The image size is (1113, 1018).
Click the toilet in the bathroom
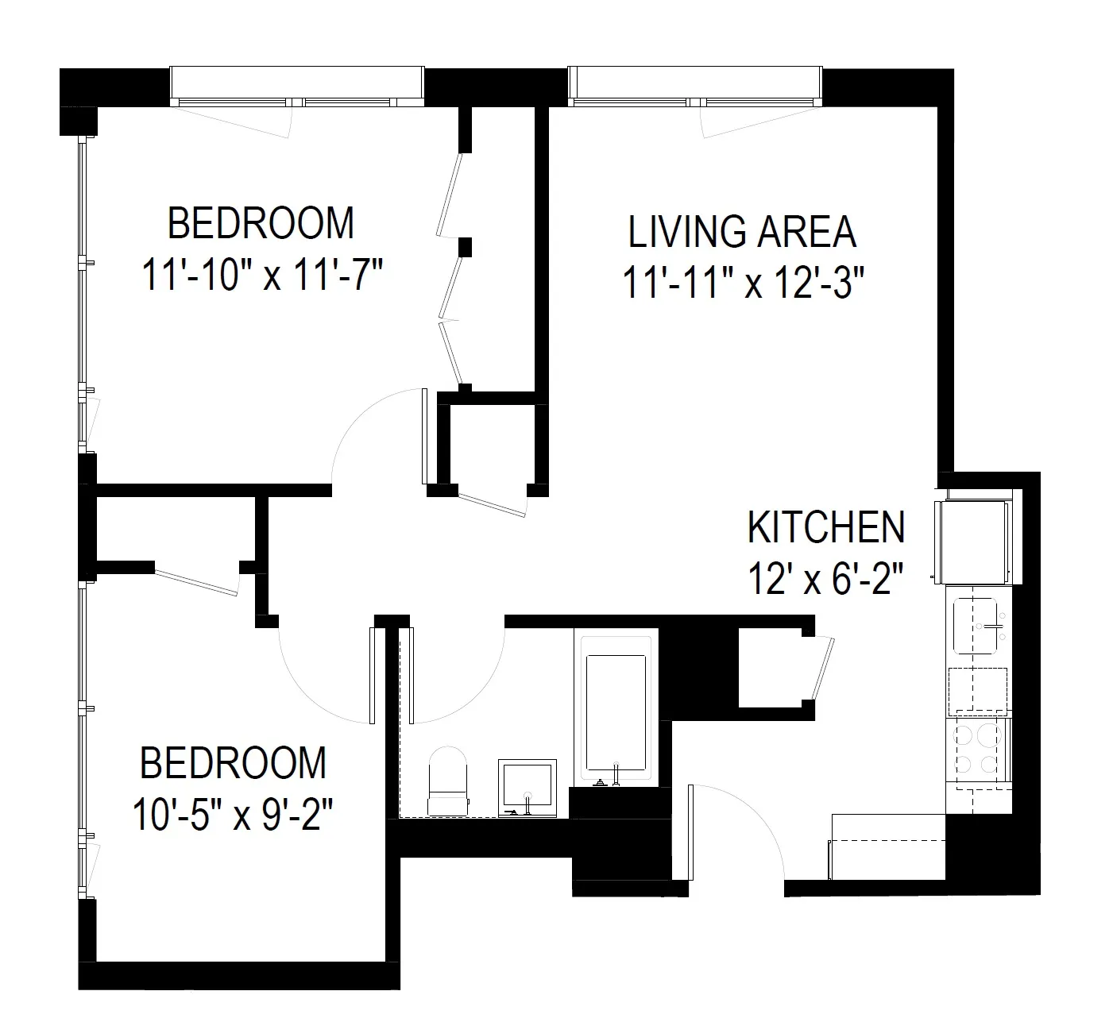click(x=448, y=782)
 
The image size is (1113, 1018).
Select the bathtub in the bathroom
click(x=615, y=707)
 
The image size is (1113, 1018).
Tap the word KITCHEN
click(x=826, y=528)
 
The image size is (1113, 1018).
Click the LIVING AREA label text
click(x=742, y=232)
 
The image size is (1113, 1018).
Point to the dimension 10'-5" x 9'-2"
click(x=232, y=813)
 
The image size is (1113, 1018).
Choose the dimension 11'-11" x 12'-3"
click(x=742, y=283)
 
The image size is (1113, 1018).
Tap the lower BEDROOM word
click(x=233, y=763)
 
